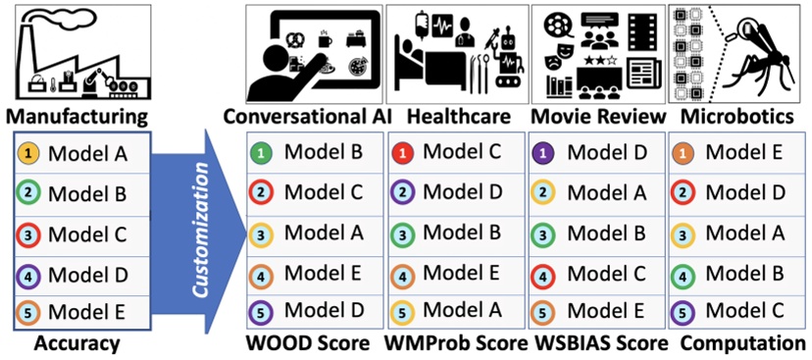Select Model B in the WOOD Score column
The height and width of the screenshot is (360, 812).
coord(319,152)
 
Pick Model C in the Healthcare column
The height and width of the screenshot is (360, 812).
coord(461,152)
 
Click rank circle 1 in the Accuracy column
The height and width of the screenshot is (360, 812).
coord(28,154)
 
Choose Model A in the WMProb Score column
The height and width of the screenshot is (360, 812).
coord(461,311)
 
